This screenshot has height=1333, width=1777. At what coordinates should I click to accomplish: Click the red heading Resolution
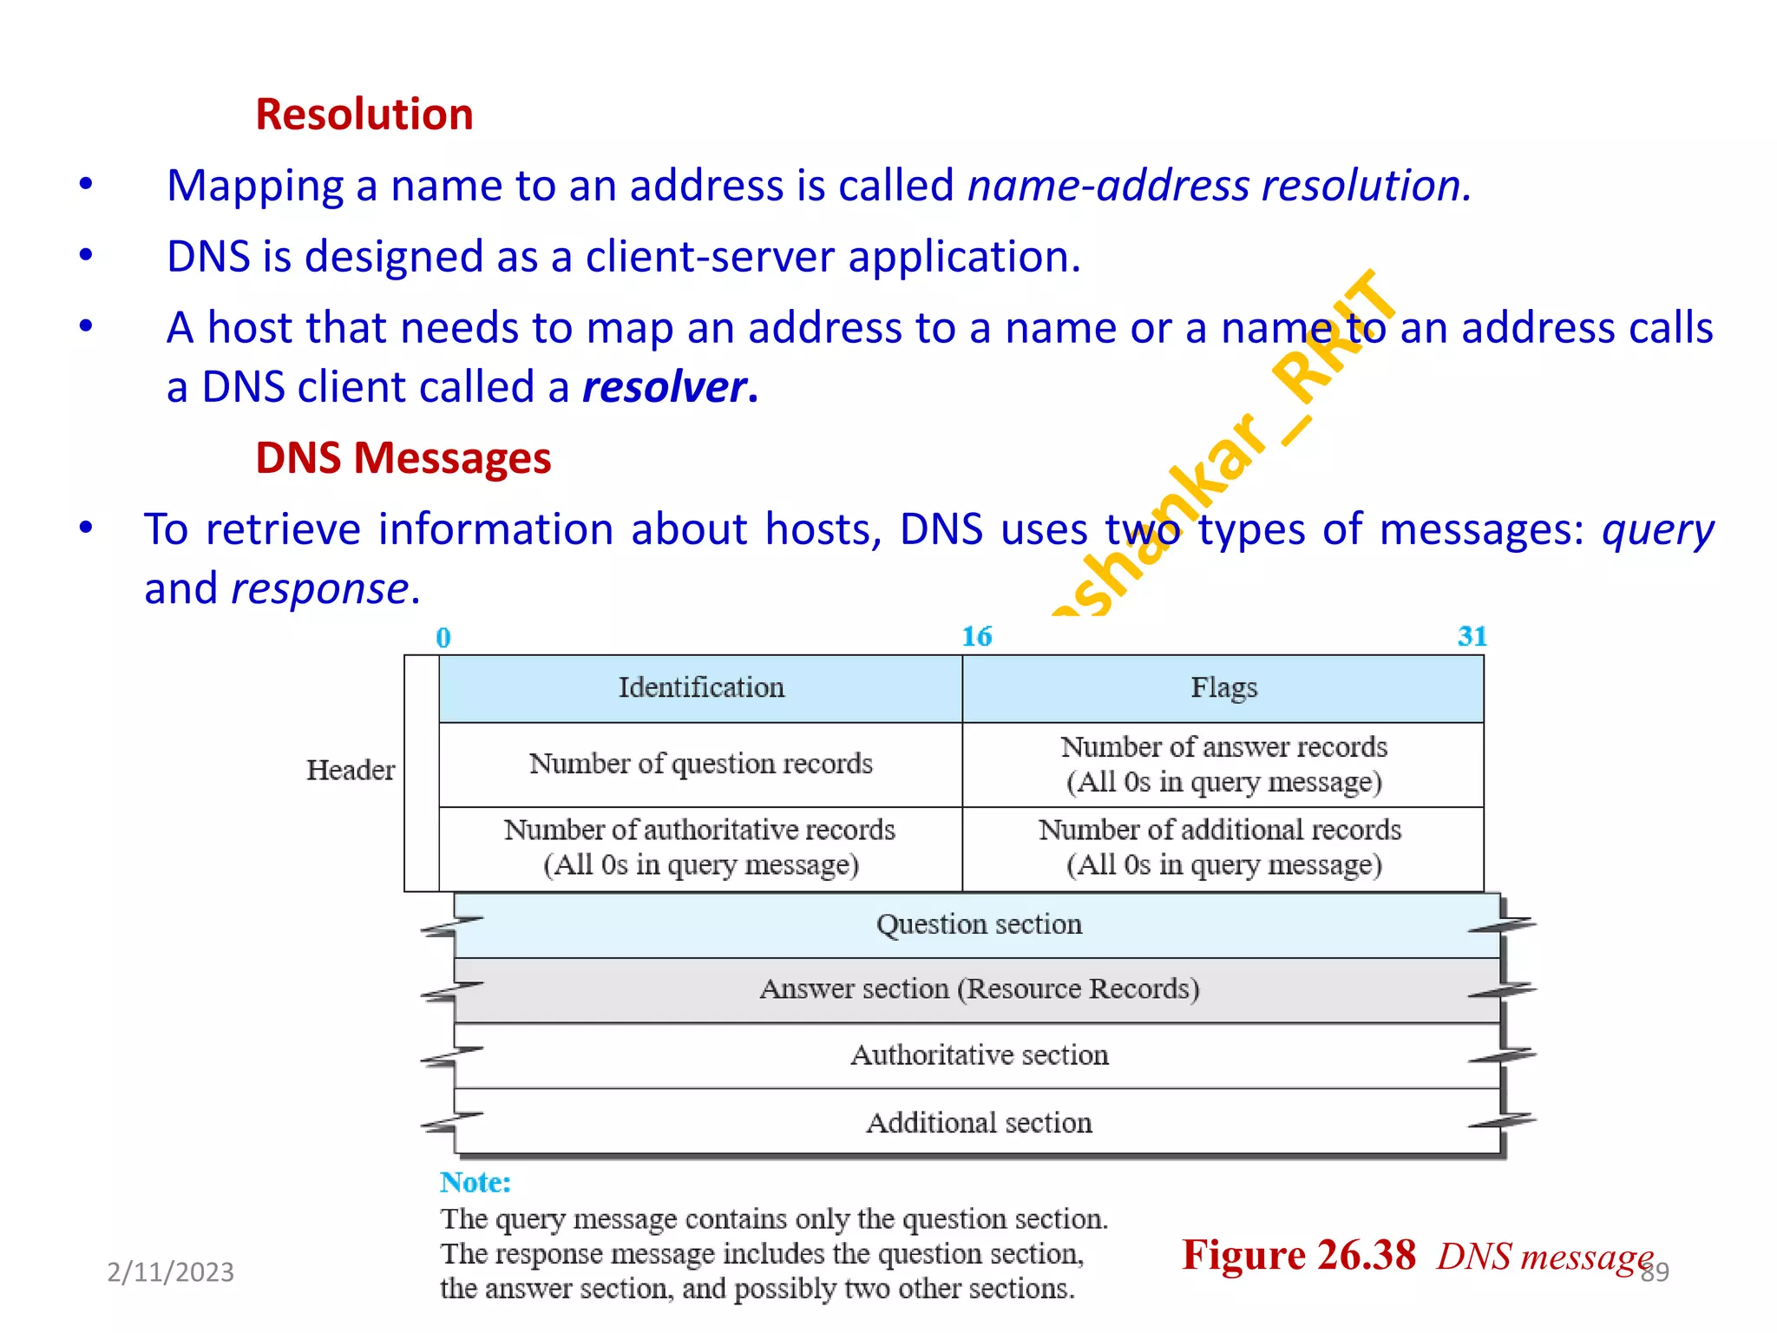[x=364, y=115]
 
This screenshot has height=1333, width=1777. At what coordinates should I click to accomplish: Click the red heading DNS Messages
[x=403, y=457]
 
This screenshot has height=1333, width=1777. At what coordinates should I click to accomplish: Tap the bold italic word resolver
[x=665, y=387]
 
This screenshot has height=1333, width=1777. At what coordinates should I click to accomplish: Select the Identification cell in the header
[x=700, y=688]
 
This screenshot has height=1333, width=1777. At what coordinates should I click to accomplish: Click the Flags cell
[x=1223, y=688]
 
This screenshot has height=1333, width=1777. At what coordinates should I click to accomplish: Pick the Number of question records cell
[x=700, y=764]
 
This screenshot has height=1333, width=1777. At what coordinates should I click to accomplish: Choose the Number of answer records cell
[x=1223, y=764]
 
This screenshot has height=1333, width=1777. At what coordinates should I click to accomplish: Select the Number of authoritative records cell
[x=700, y=848]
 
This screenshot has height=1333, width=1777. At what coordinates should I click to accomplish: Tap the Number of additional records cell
[x=1223, y=848]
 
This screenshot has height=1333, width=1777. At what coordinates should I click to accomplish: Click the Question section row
[x=978, y=925]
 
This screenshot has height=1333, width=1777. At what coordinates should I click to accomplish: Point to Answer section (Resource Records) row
[x=978, y=989]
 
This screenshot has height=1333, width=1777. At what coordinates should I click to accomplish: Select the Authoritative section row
[x=978, y=1055]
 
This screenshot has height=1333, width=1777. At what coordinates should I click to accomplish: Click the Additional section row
[x=978, y=1123]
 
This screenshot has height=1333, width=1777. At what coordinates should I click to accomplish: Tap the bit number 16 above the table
[x=976, y=637]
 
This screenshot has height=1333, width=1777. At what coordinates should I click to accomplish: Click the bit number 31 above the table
[x=1472, y=637]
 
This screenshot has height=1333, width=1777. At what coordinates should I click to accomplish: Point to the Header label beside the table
[x=350, y=771]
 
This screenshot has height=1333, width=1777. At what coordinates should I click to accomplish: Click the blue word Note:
[x=475, y=1183]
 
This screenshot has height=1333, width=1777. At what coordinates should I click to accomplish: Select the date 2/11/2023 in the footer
[x=170, y=1272]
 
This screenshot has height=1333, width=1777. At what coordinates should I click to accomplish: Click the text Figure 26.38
[x=1298, y=1256]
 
